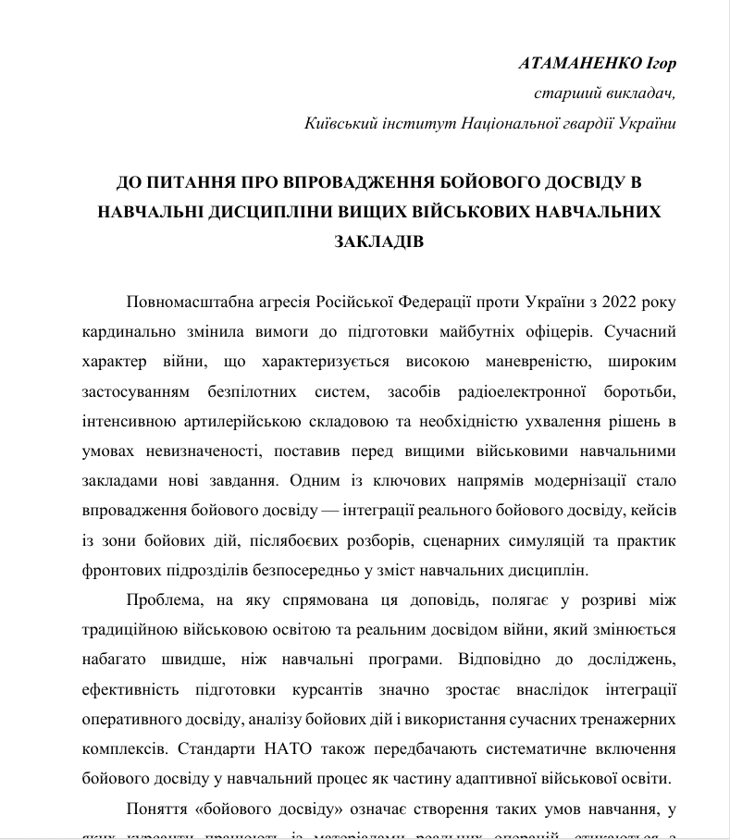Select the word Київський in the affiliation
pos(339,123)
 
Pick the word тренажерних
pos(633,719)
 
